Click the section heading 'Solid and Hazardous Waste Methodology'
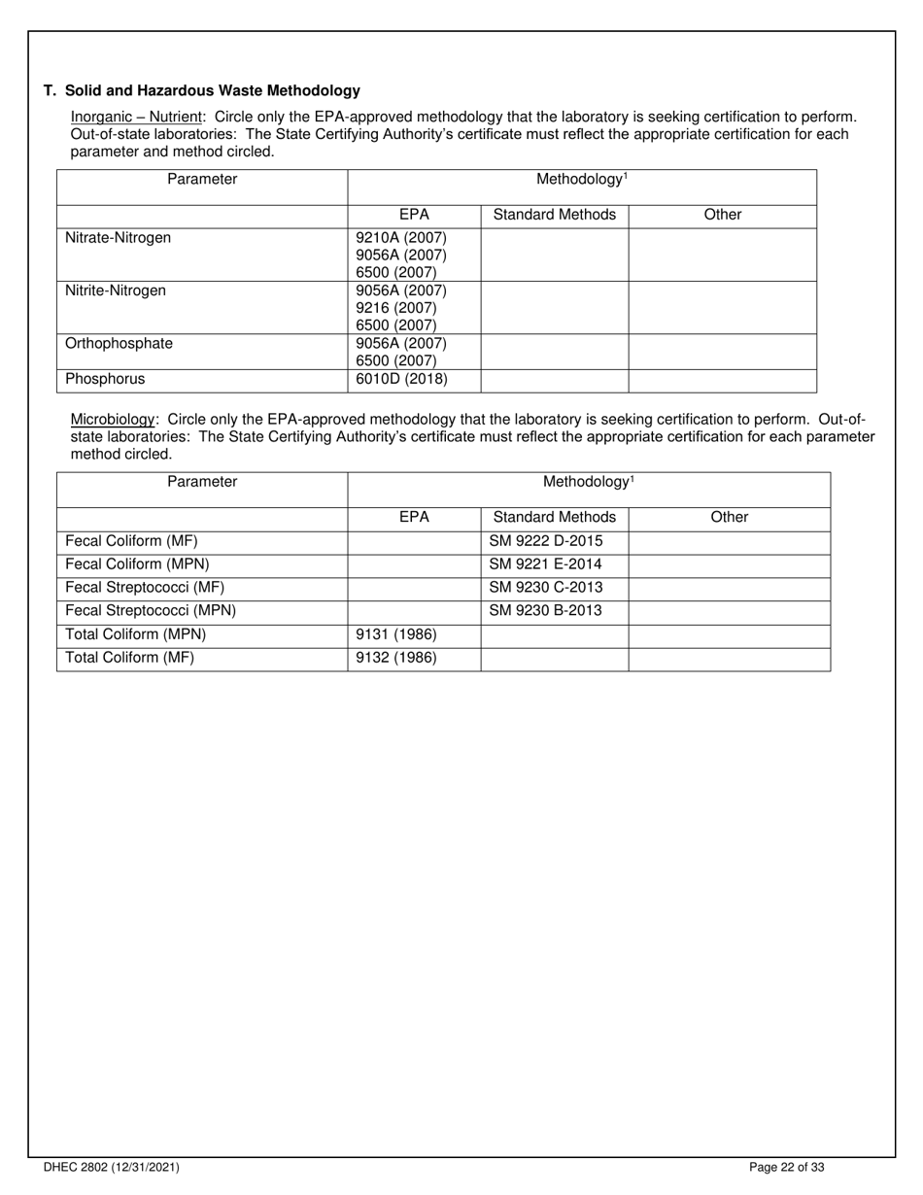[212, 90]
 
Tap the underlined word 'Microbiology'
[112, 420]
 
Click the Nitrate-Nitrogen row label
[118, 238]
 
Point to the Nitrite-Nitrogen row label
[115, 290]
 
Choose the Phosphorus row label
[104, 379]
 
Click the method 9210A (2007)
[401, 238]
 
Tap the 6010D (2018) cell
[401, 379]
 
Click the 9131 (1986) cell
[396, 634]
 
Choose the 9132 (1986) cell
[396, 658]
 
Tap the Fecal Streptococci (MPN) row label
[150, 611]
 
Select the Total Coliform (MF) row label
[129, 658]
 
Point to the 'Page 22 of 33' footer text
[787, 1168]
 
